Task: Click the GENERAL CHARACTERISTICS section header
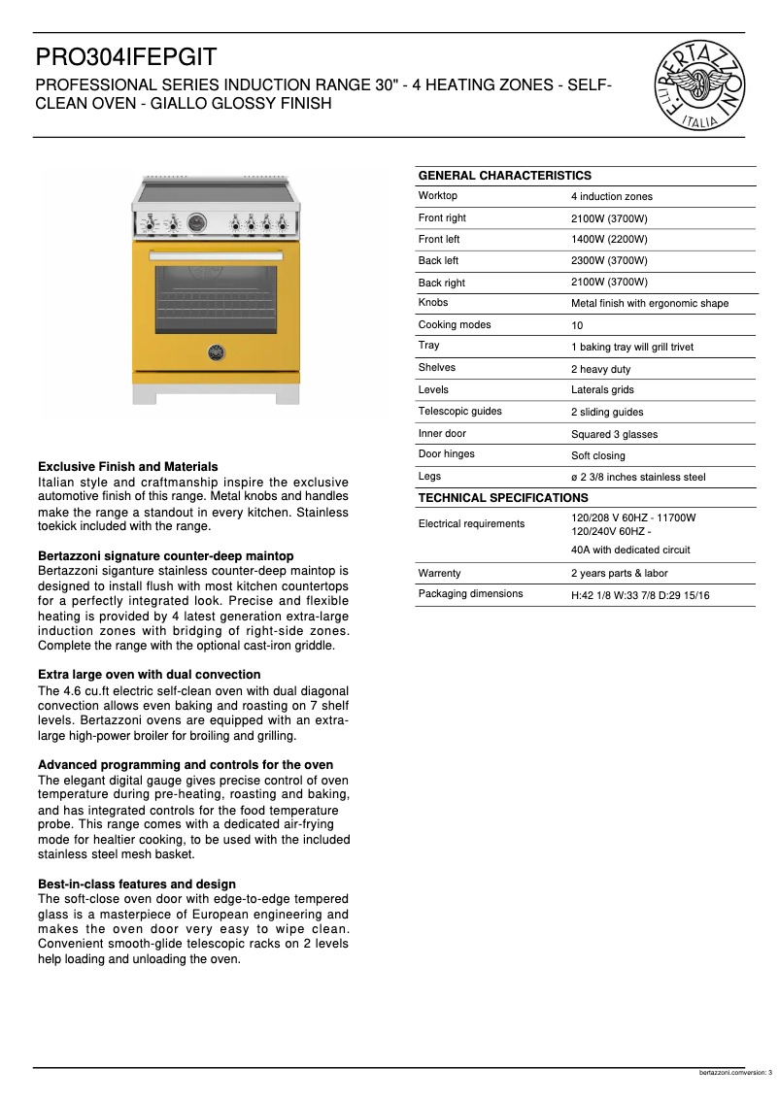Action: click(x=504, y=176)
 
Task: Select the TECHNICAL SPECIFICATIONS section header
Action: click(x=502, y=498)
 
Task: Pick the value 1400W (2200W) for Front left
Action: click(x=609, y=240)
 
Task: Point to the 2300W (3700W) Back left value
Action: click(x=609, y=261)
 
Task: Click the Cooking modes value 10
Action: click(x=577, y=325)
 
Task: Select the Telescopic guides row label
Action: click(x=459, y=412)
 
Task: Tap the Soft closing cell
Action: click(x=597, y=455)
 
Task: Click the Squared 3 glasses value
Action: click(x=614, y=434)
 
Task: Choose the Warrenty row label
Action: click(x=439, y=574)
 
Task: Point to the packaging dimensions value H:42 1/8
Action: click(x=639, y=595)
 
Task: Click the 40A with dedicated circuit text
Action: click(x=630, y=550)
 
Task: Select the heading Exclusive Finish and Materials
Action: click(x=127, y=467)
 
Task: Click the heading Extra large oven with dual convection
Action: click(x=149, y=675)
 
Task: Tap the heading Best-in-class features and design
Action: click(x=136, y=884)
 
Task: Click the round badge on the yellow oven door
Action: click(x=217, y=350)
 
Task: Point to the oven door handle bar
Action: click(x=217, y=256)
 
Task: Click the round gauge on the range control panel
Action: click(x=197, y=223)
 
